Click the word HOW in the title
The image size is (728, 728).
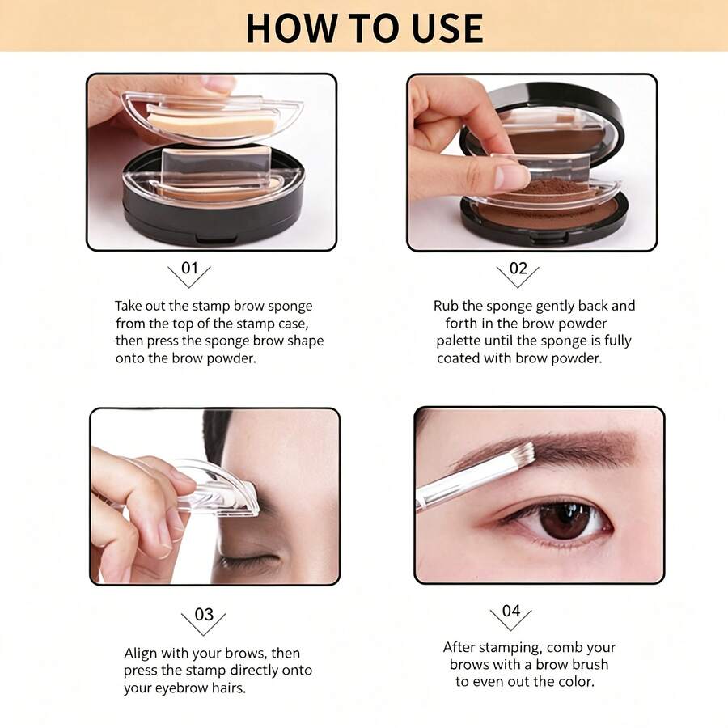(290, 28)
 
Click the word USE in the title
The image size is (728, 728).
(447, 28)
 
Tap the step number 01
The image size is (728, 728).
(189, 268)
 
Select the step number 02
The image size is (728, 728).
(518, 268)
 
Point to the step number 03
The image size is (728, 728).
(204, 614)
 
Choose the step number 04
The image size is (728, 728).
(510, 611)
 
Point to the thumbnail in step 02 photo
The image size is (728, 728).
(512, 177)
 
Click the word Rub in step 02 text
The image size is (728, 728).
(446, 306)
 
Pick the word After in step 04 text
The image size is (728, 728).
(459, 647)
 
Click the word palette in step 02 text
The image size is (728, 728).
(458, 341)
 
